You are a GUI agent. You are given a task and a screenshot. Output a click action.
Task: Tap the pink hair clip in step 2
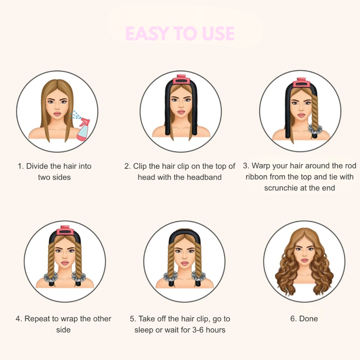[181, 80]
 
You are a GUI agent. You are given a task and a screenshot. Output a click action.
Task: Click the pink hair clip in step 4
[65, 230]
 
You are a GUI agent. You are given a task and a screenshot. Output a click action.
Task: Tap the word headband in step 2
[204, 177]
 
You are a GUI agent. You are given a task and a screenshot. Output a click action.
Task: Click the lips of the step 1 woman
[57, 114]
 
